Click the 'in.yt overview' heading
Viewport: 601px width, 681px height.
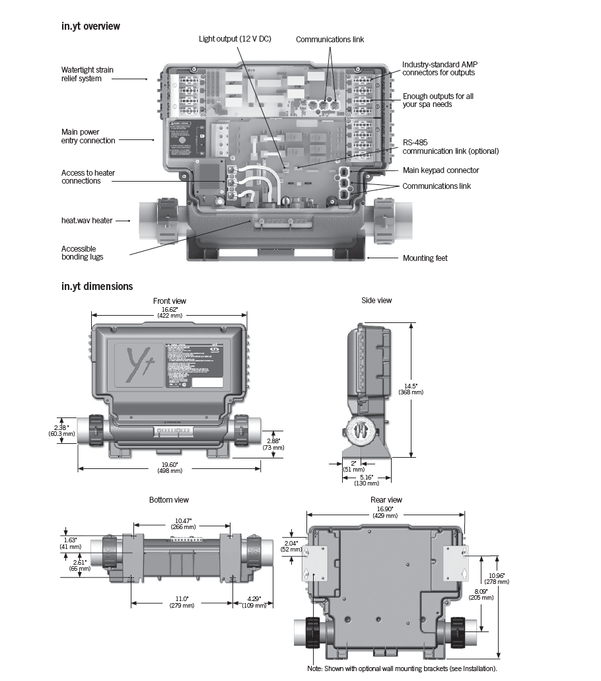click(90, 26)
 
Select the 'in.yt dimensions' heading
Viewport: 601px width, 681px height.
click(96, 286)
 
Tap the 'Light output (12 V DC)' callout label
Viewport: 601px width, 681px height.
click(234, 39)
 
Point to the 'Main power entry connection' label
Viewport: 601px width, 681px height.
click(88, 136)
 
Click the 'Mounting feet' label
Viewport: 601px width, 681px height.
click(425, 258)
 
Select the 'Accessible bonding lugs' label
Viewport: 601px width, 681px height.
click(83, 253)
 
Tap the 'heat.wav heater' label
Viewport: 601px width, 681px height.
click(87, 221)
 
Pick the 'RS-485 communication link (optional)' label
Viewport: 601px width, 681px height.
click(450, 147)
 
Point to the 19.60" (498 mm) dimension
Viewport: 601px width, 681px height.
click(169, 467)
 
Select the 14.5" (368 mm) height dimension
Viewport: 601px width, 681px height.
click(411, 388)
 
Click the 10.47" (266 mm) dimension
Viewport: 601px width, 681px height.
click(182, 523)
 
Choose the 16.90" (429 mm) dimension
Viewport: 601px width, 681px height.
click(385, 512)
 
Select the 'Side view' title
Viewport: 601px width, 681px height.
click(376, 301)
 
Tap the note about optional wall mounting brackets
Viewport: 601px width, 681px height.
click(406, 668)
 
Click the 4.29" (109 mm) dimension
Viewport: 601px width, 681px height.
click(251, 602)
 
